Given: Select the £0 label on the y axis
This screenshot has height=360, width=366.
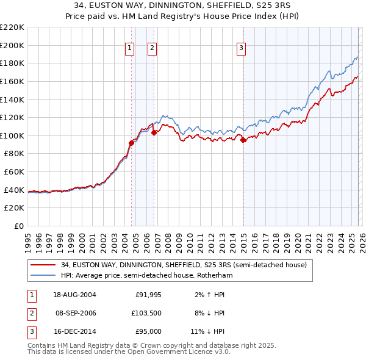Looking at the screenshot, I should point(18,226).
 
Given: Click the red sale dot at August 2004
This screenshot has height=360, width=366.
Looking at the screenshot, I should point(131,143).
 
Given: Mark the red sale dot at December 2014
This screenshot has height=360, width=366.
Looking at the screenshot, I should point(243,140).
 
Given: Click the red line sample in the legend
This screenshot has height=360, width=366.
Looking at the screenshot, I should point(43,265).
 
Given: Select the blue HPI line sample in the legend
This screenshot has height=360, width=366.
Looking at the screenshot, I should point(43,275).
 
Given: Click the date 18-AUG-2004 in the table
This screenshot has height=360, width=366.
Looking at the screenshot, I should point(74,295).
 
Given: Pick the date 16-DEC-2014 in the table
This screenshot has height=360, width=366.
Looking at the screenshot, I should point(74,331).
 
